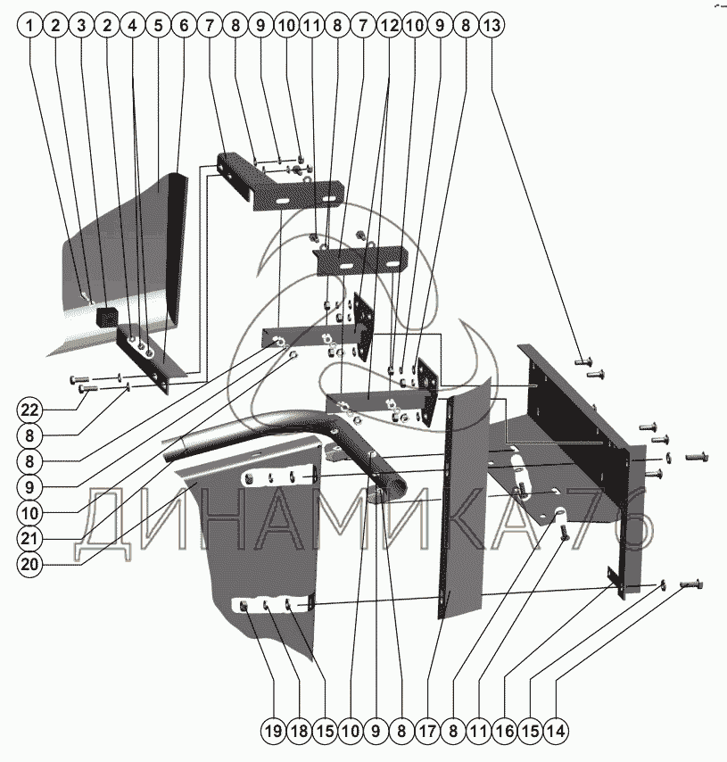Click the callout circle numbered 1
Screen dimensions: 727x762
point(30,25)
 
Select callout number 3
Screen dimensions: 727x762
point(82,25)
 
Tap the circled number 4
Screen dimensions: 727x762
point(133,25)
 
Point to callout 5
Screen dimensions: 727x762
point(159,25)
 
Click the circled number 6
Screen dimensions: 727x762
point(184,25)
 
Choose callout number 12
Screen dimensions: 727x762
point(389,25)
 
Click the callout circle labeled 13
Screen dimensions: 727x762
point(492,25)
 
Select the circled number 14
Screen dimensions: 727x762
point(556,731)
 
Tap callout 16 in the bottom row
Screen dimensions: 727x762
point(505,731)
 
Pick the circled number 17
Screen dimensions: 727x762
point(427,731)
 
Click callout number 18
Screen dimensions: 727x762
point(300,731)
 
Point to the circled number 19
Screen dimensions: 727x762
point(274,731)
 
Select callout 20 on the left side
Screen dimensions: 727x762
point(29,564)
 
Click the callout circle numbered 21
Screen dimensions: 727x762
point(29,538)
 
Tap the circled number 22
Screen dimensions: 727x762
point(29,410)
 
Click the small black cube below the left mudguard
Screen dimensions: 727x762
point(107,317)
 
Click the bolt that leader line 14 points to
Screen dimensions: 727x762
point(692,584)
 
